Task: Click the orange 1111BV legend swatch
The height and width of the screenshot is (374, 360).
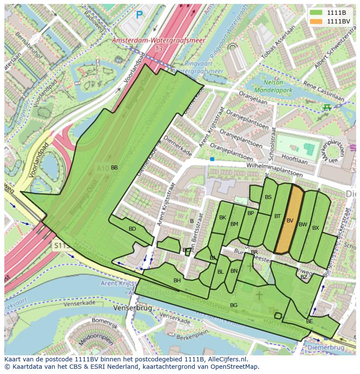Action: pos(316,21)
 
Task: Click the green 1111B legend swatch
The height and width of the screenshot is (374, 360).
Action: pos(316,13)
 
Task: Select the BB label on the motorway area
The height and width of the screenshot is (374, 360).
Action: pos(114,167)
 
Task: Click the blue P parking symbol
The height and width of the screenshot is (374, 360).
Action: pos(139,15)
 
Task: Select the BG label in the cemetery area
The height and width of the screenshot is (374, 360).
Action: pos(233,305)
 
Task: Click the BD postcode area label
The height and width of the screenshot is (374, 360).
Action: pos(132,229)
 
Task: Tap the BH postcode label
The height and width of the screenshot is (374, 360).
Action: pos(177,281)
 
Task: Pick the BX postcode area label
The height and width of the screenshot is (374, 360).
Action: pos(316,228)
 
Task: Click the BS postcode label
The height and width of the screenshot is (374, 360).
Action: pos(268,197)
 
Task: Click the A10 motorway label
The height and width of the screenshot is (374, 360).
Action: pos(103,168)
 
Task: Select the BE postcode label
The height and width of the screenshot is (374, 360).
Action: pos(310,321)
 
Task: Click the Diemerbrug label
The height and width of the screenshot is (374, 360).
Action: pos(325,348)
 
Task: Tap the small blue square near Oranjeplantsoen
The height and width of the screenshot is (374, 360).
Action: pos(212,159)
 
